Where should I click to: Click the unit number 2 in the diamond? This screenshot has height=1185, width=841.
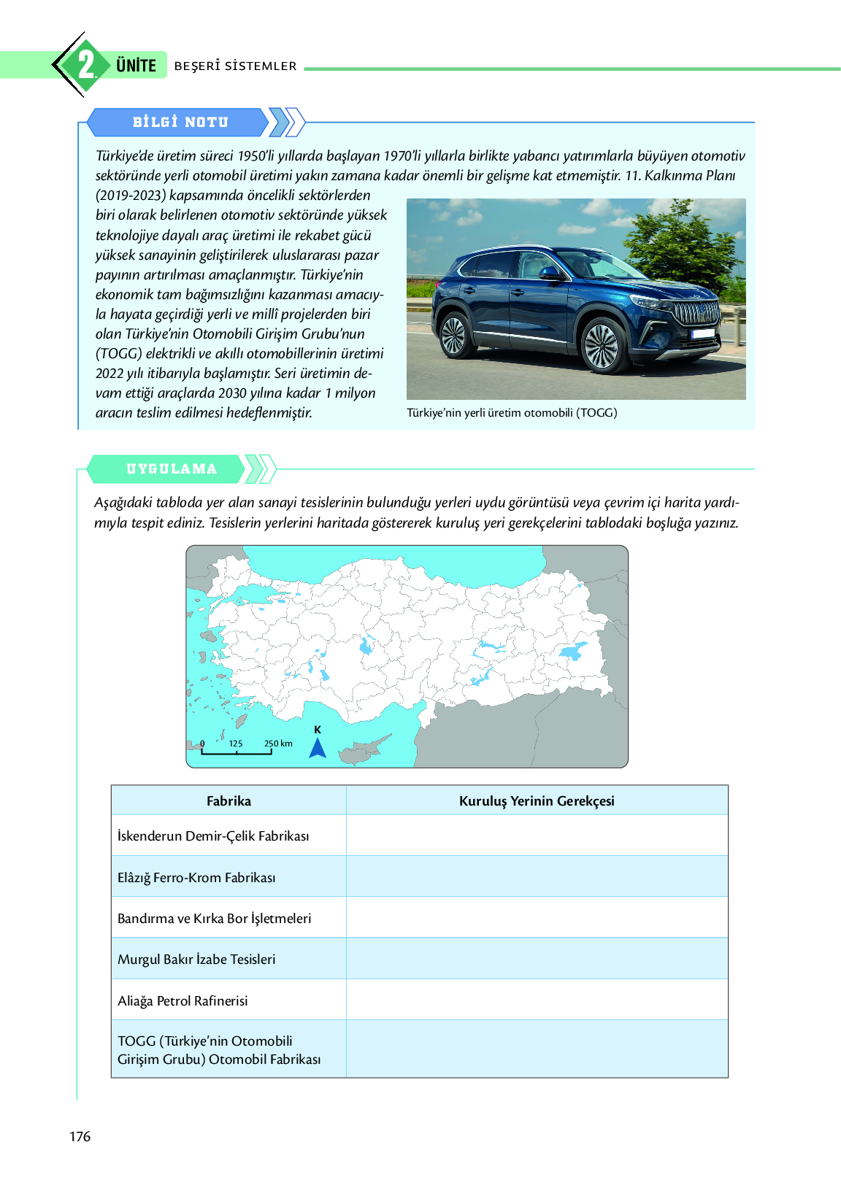86,65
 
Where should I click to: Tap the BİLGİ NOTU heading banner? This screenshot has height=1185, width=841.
180,122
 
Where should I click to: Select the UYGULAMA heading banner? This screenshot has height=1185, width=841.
171,469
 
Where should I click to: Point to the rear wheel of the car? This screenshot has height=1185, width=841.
453,334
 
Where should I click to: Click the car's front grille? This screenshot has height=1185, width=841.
695,313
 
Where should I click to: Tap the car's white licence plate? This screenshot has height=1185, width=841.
702,333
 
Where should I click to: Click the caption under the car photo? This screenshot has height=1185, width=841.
512,413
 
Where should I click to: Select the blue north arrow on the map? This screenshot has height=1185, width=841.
318,747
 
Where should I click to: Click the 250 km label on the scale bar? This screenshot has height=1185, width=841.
278,744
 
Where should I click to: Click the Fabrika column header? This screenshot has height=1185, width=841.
229,801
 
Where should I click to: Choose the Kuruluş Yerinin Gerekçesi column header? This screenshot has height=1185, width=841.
537,801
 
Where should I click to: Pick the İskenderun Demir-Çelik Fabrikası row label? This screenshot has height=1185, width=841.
213,836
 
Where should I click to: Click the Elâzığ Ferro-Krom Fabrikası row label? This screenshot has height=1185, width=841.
196,878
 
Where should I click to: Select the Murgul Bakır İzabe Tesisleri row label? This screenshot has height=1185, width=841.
196,960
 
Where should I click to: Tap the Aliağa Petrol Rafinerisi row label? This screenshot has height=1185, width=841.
183,1001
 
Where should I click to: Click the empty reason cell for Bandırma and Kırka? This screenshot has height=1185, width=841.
537,918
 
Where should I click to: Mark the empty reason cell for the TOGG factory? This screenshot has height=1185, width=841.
537,1049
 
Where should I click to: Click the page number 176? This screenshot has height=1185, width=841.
80,1136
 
